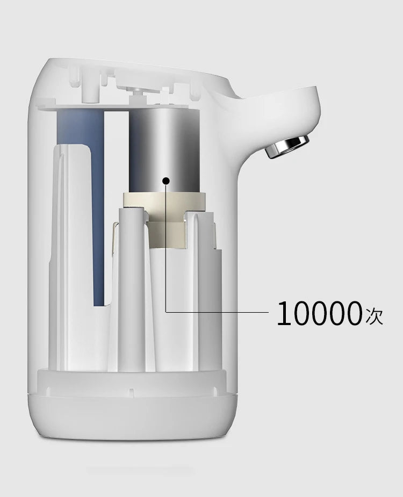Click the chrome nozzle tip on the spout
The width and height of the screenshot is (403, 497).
tap(290, 146)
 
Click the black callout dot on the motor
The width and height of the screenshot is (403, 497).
tap(166, 181)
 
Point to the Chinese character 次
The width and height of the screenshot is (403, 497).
tap(374, 315)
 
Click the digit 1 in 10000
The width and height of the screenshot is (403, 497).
tap(284, 314)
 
